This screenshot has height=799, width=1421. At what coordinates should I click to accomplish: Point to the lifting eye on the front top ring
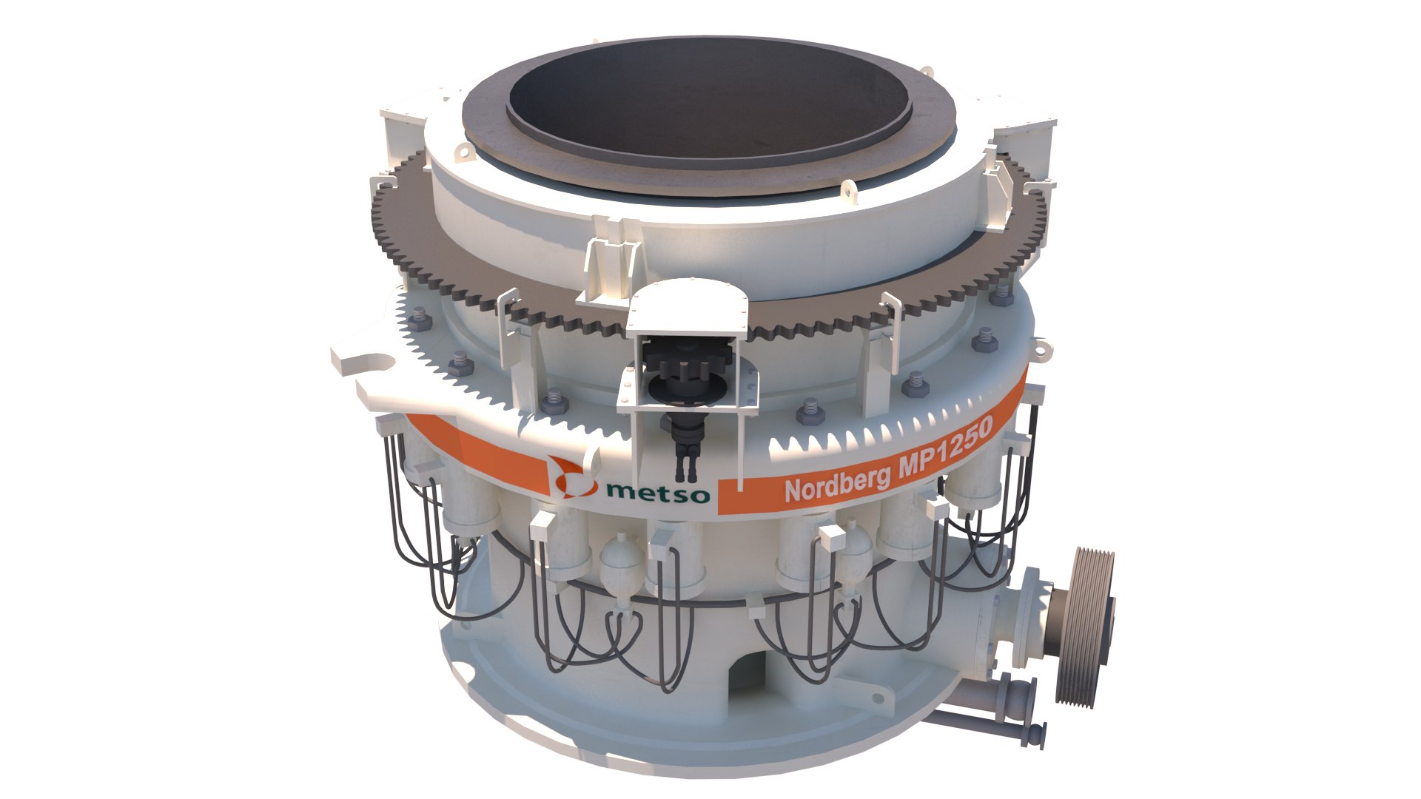tap(849, 192)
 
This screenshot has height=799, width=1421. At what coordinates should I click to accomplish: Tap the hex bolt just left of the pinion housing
tap(555, 403)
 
